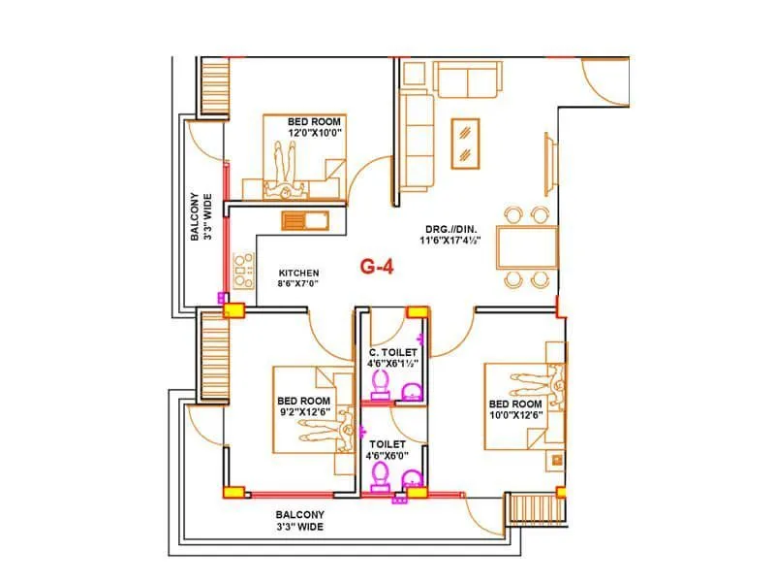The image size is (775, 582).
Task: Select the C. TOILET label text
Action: coord(392,351)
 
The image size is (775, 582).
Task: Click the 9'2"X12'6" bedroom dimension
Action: coord(303,412)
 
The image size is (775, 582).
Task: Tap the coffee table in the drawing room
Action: coord(467,143)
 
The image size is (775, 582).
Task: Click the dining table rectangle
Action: coord(527,247)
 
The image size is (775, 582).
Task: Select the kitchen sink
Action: coord(305,220)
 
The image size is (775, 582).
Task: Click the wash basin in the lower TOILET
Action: coord(413,477)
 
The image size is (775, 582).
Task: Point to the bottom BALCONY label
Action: coord(299,515)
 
